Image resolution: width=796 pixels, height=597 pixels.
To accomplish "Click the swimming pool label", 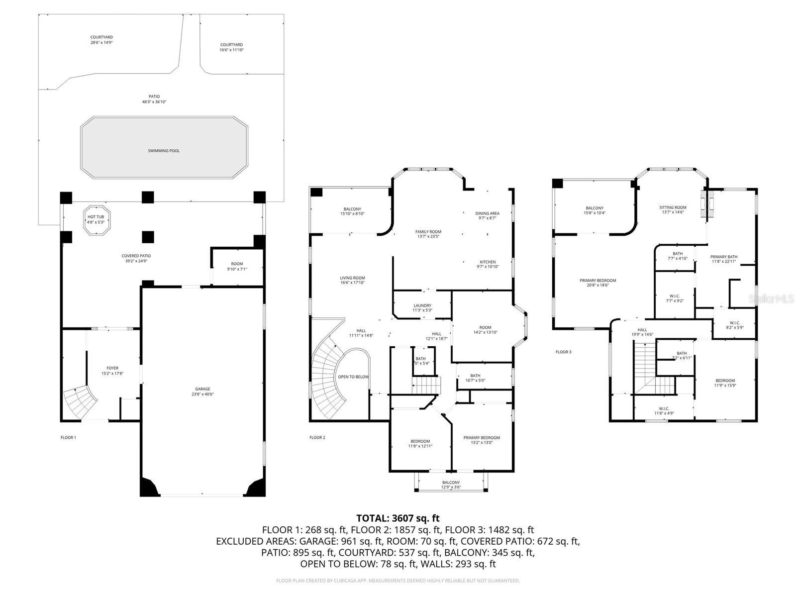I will (x=164, y=151).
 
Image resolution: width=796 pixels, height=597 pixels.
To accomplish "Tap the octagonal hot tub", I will (x=96, y=219).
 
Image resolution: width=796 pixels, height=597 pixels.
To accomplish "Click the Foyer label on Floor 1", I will (x=112, y=368).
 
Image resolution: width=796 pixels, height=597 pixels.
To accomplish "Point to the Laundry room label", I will (x=422, y=305).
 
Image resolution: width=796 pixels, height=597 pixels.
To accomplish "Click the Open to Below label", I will (x=353, y=377).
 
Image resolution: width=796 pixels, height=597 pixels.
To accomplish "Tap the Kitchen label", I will (x=488, y=262).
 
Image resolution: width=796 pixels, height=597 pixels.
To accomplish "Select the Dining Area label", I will (x=487, y=213).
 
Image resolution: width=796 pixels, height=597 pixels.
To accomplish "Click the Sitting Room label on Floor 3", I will (x=673, y=207).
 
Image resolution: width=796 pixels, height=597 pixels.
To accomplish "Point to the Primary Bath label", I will (x=723, y=257).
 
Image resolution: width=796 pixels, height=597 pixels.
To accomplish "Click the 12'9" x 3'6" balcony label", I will (x=451, y=485).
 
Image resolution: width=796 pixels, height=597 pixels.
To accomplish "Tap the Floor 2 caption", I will (x=317, y=438).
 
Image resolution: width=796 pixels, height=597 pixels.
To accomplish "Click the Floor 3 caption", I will (x=563, y=352).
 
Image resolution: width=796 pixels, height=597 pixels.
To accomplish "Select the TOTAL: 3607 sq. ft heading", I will (x=398, y=518).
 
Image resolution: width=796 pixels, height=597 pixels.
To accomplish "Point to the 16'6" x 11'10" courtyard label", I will (x=231, y=47).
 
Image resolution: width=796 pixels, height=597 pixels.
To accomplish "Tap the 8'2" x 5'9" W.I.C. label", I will (x=735, y=325).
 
